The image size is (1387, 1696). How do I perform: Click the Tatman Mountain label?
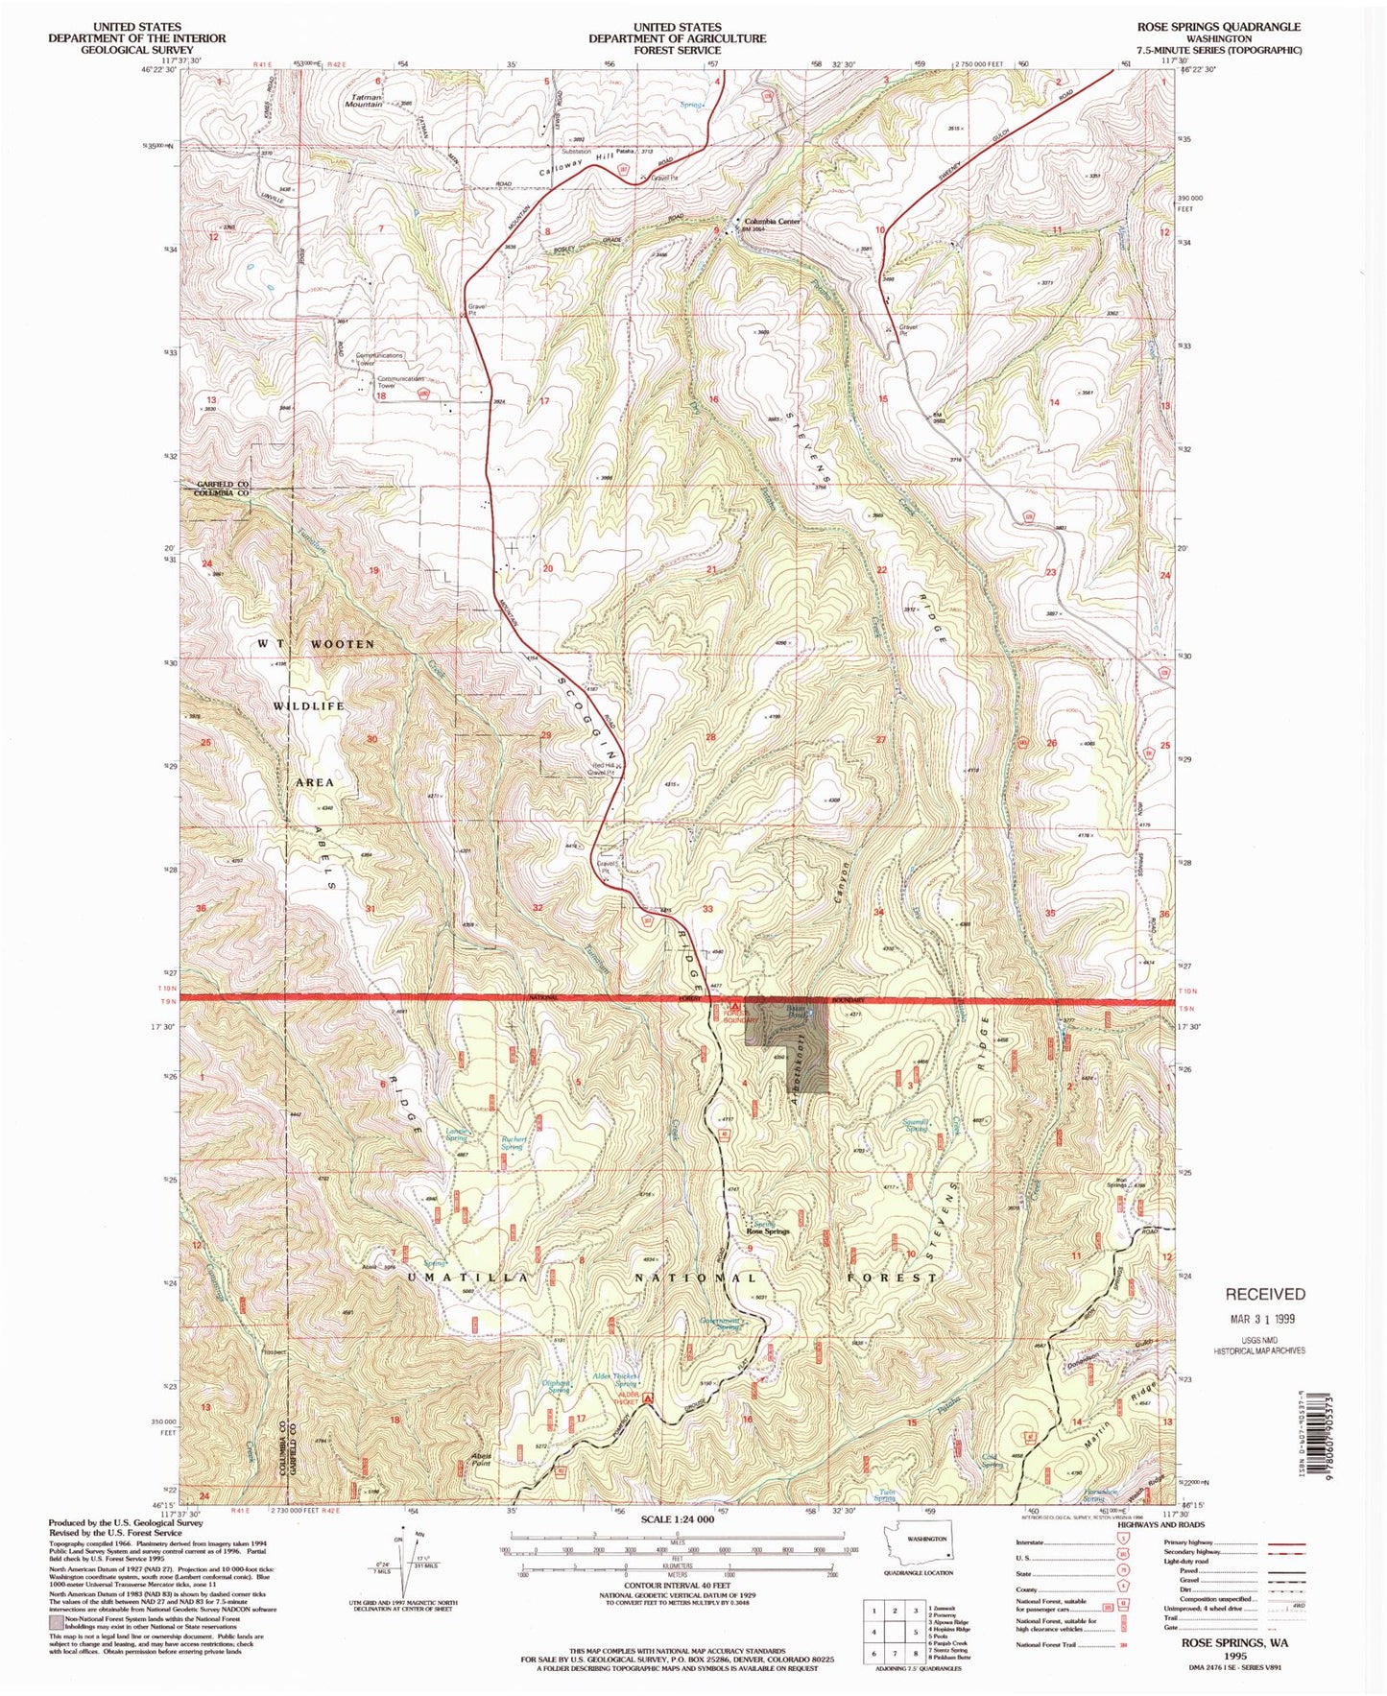point(363,100)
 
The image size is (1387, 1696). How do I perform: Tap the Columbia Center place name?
point(772,222)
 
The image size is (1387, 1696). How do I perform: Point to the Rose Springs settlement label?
point(768,1231)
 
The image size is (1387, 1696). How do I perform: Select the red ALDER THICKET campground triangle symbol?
point(648,1398)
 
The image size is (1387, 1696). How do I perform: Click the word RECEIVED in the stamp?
point(1264,1294)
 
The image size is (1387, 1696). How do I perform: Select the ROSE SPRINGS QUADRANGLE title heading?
point(1219,27)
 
